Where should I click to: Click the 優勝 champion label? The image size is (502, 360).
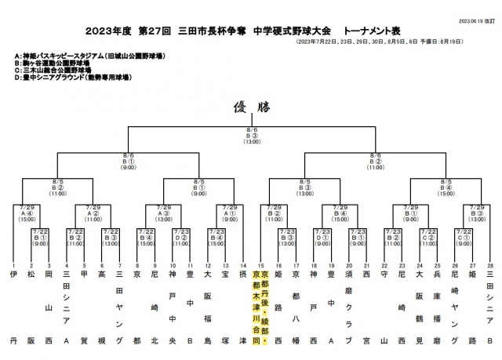pos(252,108)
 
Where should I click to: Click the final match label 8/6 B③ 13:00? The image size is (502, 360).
pos(252,136)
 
